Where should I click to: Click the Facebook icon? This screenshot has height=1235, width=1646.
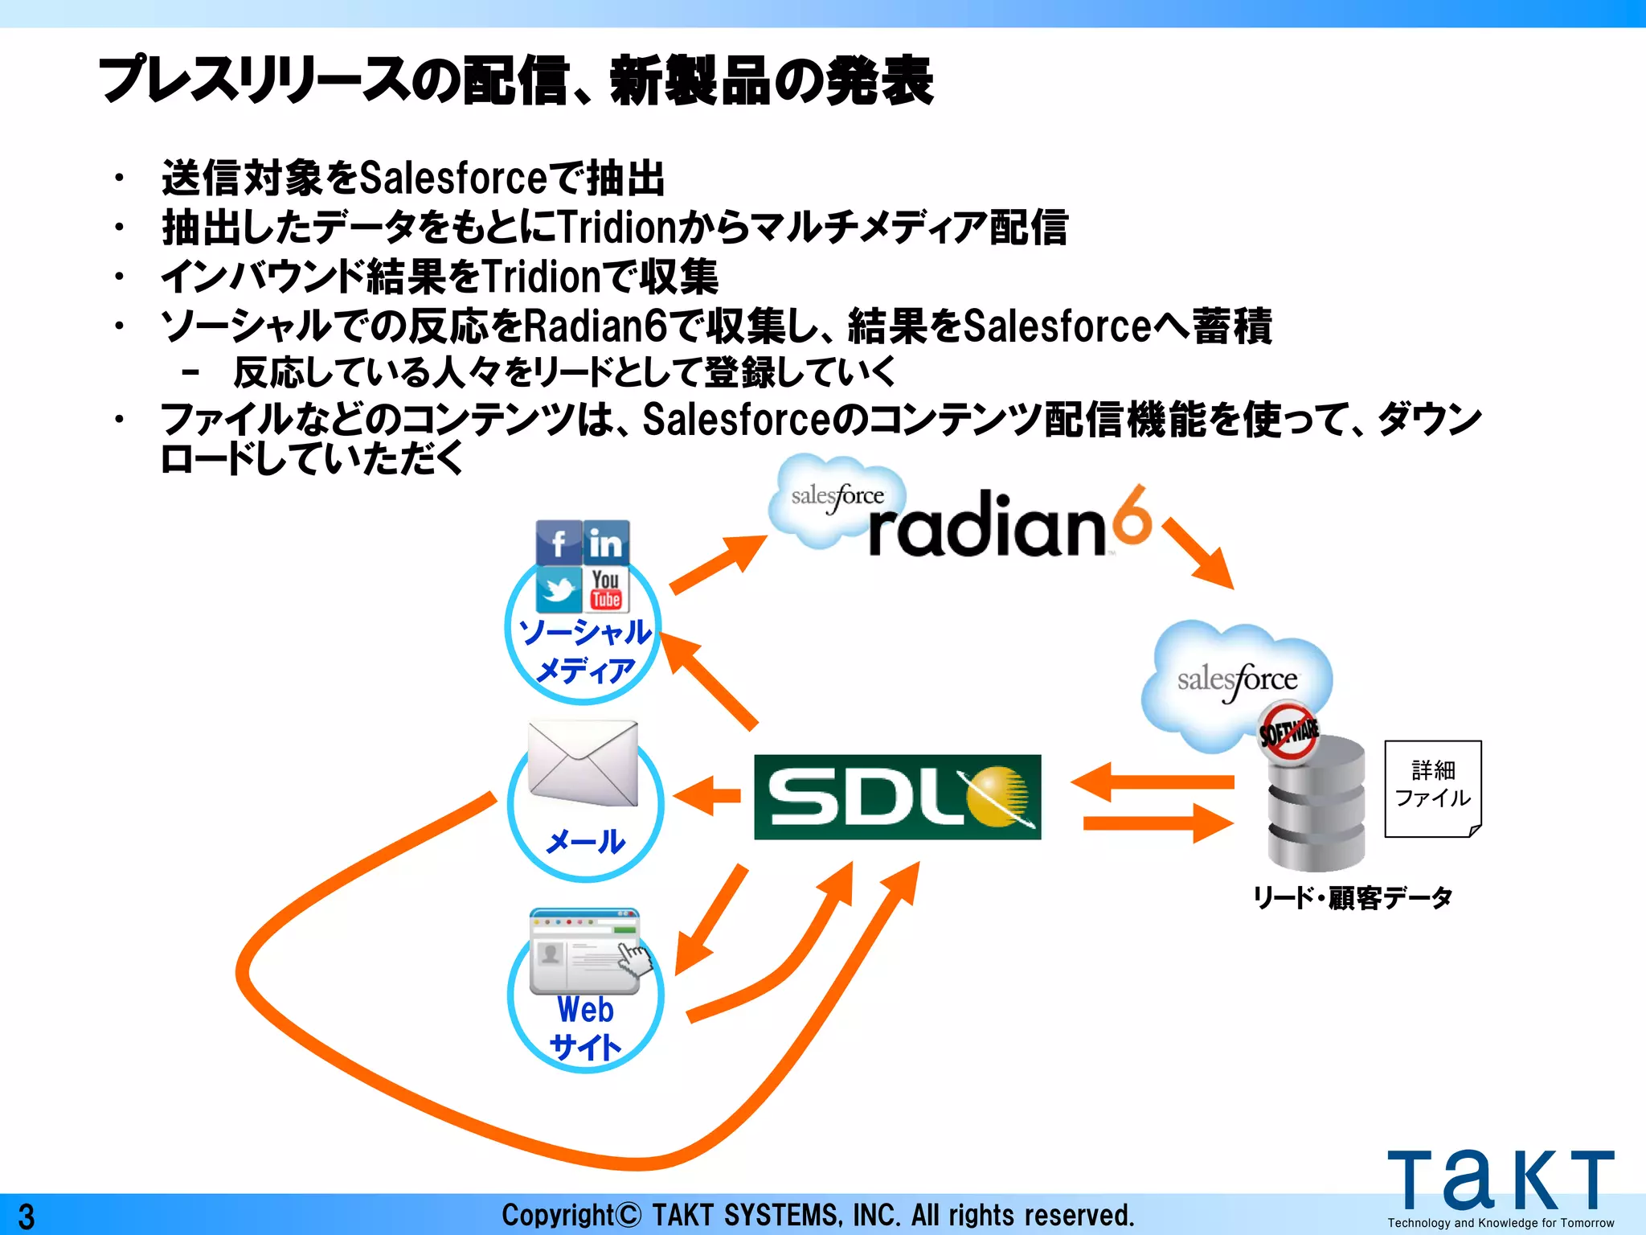click(x=559, y=543)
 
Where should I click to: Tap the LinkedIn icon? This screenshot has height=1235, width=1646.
click(x=606, y=544)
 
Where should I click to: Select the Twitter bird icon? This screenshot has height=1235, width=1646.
click(x=559, y=590)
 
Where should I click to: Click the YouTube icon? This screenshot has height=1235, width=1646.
click(x=606, y=590)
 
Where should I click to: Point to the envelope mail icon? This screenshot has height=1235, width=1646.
click(x=583, y=762)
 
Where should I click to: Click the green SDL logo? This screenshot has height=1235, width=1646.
click(x=897, y=797)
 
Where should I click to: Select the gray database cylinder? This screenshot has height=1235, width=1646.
click(x=1316, y=804)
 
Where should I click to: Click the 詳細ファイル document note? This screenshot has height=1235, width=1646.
click(x=1433, y=788)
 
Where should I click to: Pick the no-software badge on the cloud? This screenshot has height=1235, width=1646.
click(x=1288, y=731)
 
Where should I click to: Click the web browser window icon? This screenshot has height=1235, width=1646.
click(x=585, y=951)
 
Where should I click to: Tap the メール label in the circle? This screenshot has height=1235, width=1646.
click(x=585, y=842)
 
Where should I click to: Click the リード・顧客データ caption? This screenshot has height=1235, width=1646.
click(x=1353, y=897)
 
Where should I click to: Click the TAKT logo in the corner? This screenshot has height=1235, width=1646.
click(x=1501, y=1182)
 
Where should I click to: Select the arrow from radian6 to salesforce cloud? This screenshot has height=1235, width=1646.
click(x=1198, y=553)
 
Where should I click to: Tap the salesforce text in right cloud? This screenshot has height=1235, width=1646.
click(x=1238, y=680)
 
